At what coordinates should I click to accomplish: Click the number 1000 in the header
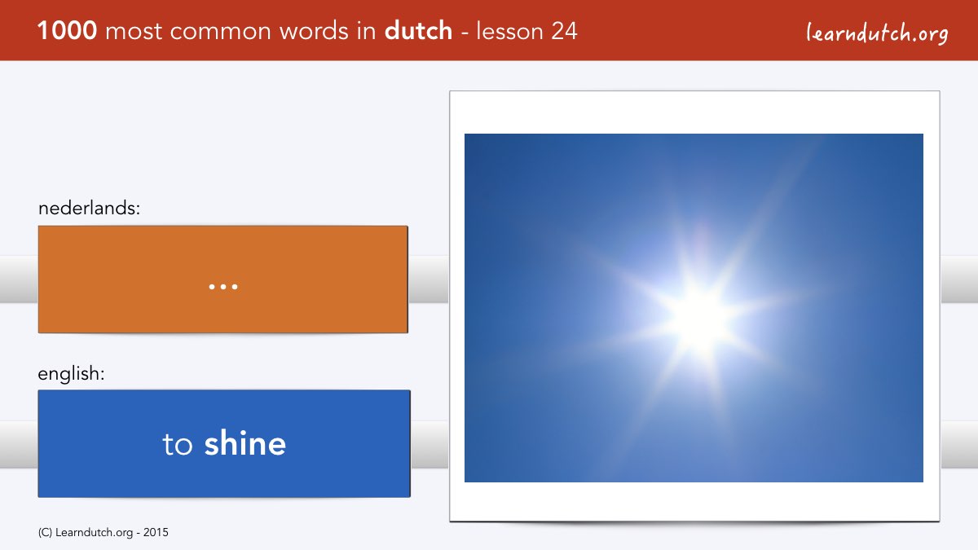67,31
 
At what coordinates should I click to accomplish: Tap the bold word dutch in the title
418,31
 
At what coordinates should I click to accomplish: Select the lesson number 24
564,31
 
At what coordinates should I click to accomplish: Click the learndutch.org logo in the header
877,33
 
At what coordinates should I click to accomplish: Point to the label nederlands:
89,208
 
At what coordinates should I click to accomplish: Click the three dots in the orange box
223,287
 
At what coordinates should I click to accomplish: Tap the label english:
71,374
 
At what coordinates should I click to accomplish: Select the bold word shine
245,443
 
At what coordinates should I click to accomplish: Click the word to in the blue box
178,444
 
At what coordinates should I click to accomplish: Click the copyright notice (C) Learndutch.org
86,533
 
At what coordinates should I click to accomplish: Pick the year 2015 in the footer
156,533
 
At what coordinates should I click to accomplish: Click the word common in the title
221,32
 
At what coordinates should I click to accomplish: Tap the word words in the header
315,31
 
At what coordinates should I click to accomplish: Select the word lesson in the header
510,32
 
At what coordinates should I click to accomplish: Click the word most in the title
134,32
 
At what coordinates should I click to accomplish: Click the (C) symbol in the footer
45,533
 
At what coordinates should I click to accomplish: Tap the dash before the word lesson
465,33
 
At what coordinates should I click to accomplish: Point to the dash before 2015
139,534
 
